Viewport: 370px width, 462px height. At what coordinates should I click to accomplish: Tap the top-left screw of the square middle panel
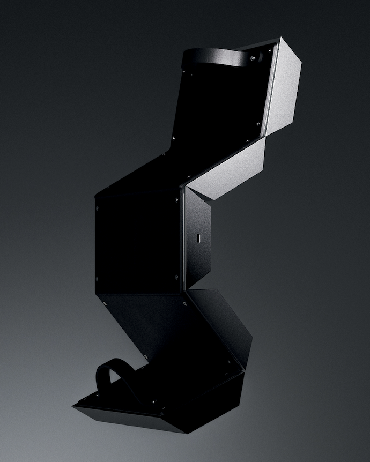[x=97, y=208]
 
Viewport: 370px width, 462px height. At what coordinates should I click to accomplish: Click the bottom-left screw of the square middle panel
[x=97, y=279]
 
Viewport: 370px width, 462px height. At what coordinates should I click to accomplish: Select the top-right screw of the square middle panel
[x=176, y=200]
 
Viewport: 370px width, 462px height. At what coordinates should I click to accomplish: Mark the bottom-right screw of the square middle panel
[x=176, y=277]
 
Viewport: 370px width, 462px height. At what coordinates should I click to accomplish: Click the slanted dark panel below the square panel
[x=177, y=332]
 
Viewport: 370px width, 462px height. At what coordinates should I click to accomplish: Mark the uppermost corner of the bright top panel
[x=279, y=39]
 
